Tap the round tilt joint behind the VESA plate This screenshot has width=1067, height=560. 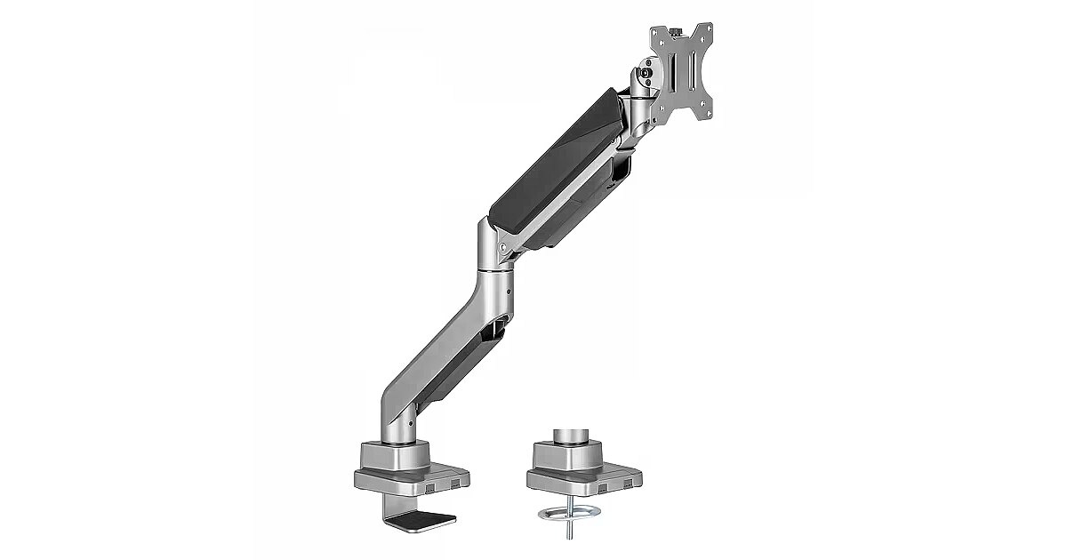645,78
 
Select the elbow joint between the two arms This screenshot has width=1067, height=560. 496,244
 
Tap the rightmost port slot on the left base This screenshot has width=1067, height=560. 457,484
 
